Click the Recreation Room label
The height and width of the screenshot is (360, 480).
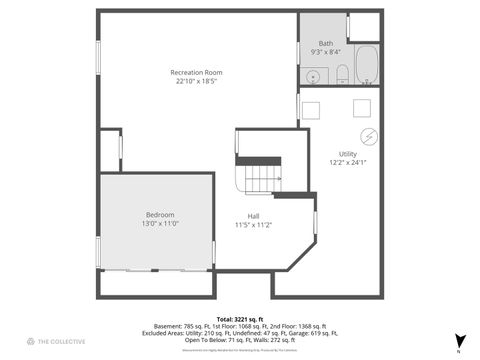[195, 72]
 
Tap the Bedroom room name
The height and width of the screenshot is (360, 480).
[160, 214]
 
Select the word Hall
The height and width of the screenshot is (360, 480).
[254, 215]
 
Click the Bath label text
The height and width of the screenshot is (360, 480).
[326, 43]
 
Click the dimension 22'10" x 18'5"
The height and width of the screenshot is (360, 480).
[195, 81]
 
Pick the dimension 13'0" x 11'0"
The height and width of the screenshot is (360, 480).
[160, 223]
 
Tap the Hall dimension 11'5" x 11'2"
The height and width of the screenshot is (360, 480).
[254, 224]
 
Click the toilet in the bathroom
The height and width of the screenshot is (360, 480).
[341, 72]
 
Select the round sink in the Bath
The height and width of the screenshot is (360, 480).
[313, 74]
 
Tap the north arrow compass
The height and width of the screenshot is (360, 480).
[459, 341]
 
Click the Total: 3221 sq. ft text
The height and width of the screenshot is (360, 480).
[239, 318]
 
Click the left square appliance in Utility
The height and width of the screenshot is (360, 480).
[313, 110]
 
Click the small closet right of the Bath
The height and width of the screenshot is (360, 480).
[364, 26]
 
